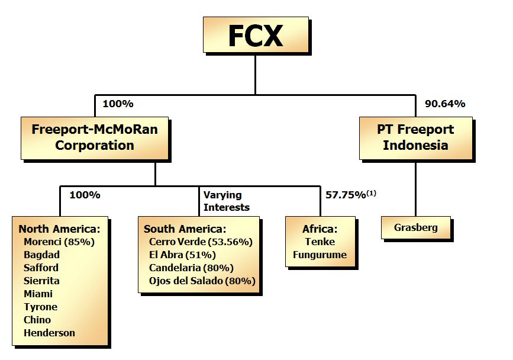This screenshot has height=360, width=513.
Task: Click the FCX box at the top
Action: [256, 36]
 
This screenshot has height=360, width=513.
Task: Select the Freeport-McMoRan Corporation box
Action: [95, 137]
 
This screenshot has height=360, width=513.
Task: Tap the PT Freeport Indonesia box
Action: [415, 137]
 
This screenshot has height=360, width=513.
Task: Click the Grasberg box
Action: [415, 227]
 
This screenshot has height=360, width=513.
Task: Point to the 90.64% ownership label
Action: [445, 104]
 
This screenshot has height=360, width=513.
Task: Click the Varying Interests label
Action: [227, 201]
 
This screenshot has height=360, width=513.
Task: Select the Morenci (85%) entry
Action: [59, 242]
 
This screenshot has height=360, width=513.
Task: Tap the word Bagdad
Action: [41, 255]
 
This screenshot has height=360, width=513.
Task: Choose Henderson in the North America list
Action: [49, 333]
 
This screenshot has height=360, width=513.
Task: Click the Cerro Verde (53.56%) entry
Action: [201, 242]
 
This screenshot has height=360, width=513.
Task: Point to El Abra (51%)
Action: [183, 255]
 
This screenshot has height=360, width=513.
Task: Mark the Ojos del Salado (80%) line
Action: [202, 281]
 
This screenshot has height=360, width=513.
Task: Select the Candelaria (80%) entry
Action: [191, 268]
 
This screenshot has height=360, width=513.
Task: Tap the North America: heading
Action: [59, 229]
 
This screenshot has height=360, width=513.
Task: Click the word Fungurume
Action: [320, 255]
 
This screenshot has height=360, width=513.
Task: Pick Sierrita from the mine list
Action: [41, 281]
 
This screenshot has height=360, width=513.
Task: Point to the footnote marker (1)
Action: [372, 192]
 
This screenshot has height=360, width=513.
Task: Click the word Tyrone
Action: [40, 307]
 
